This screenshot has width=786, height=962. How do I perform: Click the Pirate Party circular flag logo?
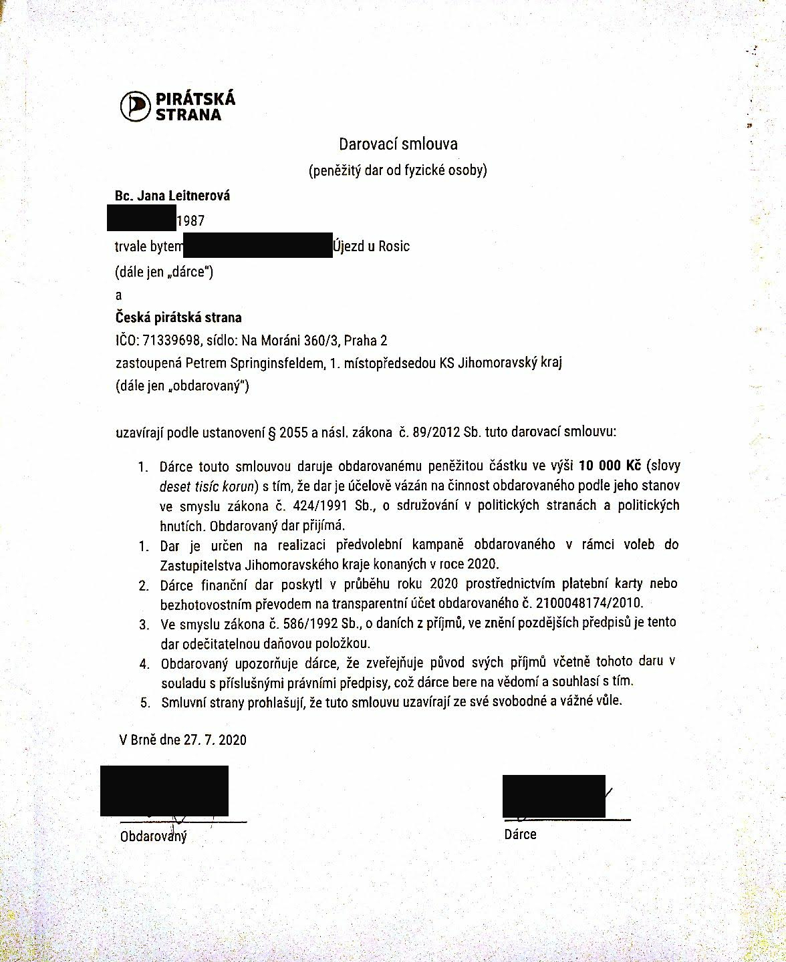(x=135, y=106)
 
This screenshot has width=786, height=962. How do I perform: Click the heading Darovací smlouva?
(x=398, y=144)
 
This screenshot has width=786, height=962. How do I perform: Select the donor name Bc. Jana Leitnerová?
(x=172, y=196)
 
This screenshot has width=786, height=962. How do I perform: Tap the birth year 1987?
(x=190, y=220)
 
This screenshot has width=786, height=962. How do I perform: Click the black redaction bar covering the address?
(x=257, y=245)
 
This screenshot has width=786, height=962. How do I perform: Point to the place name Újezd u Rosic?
(x=371, y=246)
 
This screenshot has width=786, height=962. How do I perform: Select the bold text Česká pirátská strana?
(x=178, y=317)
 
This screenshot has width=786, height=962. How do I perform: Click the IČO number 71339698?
(x=172, y=341)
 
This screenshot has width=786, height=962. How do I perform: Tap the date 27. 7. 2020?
(x=213, y=740)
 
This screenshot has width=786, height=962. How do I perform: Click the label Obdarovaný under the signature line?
(x=153, y=836)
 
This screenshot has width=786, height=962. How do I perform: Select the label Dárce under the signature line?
(x=520, y=834)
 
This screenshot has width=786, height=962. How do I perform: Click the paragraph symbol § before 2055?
(x=272, y=432)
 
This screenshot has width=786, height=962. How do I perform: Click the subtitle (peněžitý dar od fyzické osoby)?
(x=398, y=170)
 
